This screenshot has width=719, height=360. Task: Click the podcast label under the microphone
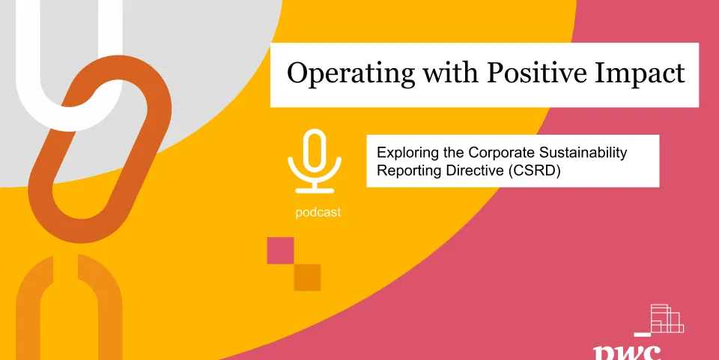(x=318, y=213)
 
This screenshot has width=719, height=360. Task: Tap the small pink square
(x=280, y=250)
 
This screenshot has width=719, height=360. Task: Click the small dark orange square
(x=307, y=277)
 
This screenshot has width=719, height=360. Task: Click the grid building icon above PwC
(x=667, y=318)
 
